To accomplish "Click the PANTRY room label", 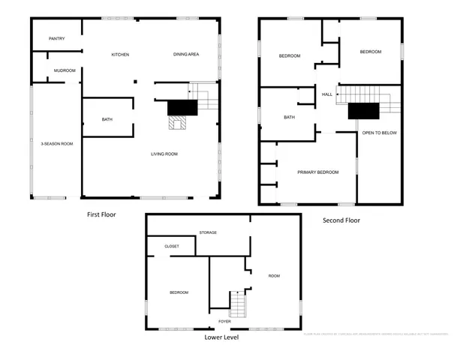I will tap(56, 38).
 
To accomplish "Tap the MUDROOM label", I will tap(65, 70).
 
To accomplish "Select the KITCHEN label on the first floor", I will tap(120, 55).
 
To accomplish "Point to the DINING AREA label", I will tap(185, 55).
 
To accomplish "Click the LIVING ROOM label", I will tap(164, 154).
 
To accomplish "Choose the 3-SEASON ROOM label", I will tap(56, 143).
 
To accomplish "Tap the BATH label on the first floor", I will tap(107, 119).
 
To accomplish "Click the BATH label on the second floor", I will tap(289, 118).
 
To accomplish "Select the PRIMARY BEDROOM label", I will tap(317, 172).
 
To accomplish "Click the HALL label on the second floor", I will tap(327, 94).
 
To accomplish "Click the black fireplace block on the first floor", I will tap(181, 107).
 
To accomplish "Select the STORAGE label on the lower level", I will tap(208, 232).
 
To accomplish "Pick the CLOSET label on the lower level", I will tap(172, 245).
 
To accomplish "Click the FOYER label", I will tap(224, 321).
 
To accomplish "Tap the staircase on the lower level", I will tap(237, 304).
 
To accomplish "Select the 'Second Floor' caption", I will tap(341, 220).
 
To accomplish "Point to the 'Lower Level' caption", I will tap(221, 337).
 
